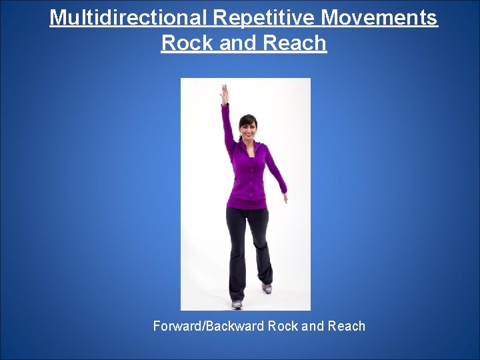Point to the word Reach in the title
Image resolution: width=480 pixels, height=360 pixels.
(x=295, y=43)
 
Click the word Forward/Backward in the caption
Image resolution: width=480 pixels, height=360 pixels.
(x=208, y=326)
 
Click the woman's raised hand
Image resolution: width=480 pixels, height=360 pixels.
(x=225, y=94)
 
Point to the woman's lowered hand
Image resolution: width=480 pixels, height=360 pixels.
(x=285, y=197)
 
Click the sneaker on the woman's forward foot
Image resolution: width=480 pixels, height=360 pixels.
(x=237, y=305)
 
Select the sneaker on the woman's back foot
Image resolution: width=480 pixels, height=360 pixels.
(x=267, y=288)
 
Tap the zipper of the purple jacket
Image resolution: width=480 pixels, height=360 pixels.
(x=253, y=173)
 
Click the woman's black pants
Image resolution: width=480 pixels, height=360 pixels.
(x=246, y=240)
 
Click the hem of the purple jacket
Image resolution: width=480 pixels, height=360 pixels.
(x=247, y=205)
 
